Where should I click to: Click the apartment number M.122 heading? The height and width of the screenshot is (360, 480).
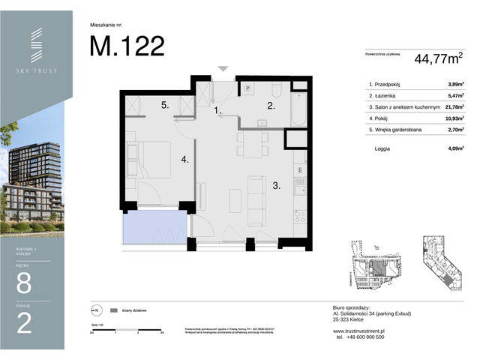pos(127,46)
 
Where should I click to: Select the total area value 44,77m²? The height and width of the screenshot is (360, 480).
pos(434,57)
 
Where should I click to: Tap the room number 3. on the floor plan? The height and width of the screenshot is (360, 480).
pos(276,186)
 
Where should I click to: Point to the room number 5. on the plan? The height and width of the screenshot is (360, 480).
pos(163,106)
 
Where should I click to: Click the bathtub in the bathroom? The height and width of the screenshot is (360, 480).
pos(297,104)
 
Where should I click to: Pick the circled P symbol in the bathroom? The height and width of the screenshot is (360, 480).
pos(247,88)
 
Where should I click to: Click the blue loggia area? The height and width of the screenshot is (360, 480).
pos(154,227)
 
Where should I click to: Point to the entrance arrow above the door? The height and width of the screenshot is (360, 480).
pos(222,68)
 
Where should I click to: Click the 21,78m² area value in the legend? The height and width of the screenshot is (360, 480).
pos(452,107)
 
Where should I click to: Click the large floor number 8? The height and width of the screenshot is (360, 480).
pos(24,283)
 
